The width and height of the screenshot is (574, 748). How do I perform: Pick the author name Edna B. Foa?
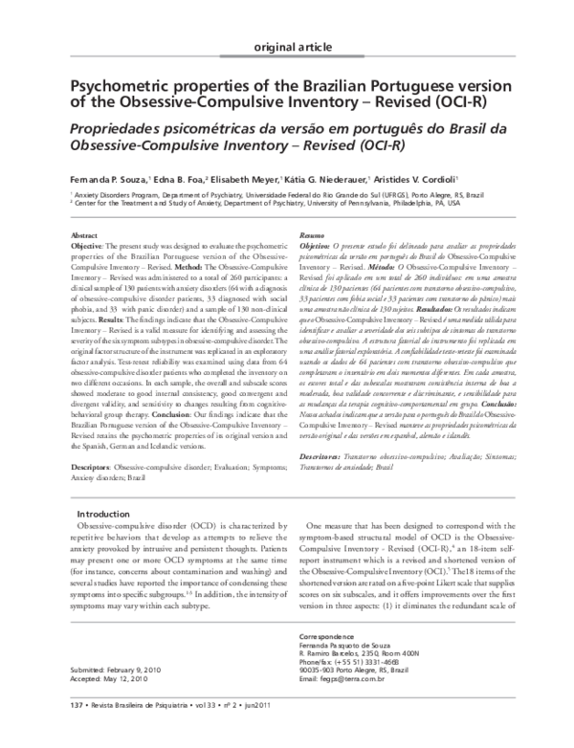coord(181,179)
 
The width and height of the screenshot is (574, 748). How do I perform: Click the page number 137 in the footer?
coord(78,731)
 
